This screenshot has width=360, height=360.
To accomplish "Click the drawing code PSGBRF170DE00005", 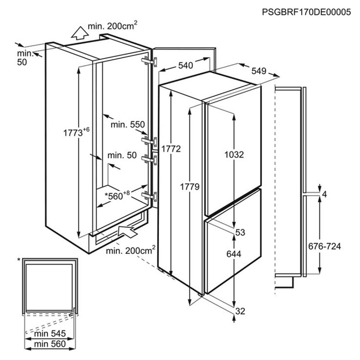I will tap(306, 12).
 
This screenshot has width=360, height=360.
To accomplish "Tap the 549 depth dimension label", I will tap(258, 71).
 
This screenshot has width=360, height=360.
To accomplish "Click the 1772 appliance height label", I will tap(171, 149).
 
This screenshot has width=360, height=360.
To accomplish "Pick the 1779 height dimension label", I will tap(190, 186).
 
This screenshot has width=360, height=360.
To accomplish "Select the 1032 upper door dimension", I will tap(234, 155).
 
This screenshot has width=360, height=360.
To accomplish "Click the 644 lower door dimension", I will tap(234, 254).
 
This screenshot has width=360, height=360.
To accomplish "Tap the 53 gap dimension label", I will tap(240, 233).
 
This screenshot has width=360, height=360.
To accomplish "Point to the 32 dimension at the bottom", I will tap(240, 311).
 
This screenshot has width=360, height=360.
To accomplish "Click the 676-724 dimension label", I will tap(324, 247).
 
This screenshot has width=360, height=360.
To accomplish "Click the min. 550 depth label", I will tap(127, 125).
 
